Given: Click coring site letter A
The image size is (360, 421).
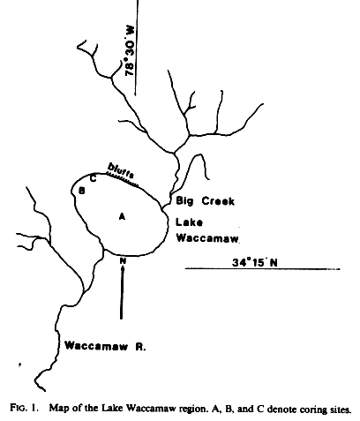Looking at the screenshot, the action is tap(122, 216).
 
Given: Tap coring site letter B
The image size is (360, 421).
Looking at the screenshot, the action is tap(82, 191).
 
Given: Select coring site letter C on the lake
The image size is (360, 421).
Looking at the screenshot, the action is tap(93, 178).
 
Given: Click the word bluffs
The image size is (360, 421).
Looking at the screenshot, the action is tap(121, 171).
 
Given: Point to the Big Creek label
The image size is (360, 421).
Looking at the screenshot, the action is tap(206, 201).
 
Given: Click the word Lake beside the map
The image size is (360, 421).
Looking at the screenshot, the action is tap(189, 222).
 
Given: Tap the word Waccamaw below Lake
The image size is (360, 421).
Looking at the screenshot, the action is tap(207, 237).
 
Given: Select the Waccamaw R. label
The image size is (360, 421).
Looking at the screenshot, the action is tap(105, 346).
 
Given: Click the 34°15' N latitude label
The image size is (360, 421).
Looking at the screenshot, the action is tap(255, 262).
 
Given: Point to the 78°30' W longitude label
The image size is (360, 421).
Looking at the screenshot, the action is tap(130, 51).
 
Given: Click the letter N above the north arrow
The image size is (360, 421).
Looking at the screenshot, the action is tap(123, 260).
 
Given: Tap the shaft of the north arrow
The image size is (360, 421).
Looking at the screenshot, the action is tap(122, 292).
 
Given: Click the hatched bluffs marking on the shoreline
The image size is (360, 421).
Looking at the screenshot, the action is tap(122, 179).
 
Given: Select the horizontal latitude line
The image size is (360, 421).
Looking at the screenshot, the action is tap(262, 268).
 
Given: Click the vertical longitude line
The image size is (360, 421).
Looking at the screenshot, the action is tap(137, 47).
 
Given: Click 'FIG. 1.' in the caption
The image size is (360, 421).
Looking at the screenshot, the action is tap(24, 408).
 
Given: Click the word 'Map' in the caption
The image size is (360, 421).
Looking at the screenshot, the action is tap(57, 409).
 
